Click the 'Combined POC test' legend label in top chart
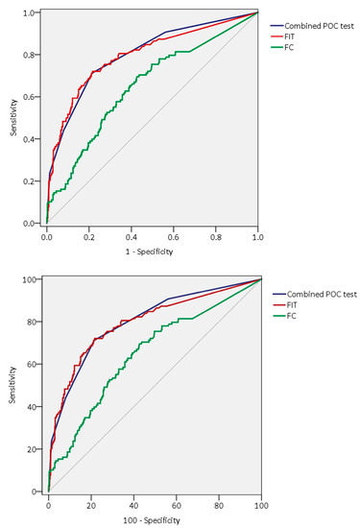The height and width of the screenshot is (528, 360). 316,25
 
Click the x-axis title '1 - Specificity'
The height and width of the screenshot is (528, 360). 152,251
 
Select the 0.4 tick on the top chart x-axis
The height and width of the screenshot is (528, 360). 132,234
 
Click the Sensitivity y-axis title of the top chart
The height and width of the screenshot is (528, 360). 12,117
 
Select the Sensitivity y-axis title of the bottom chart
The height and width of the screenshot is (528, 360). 12,384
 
